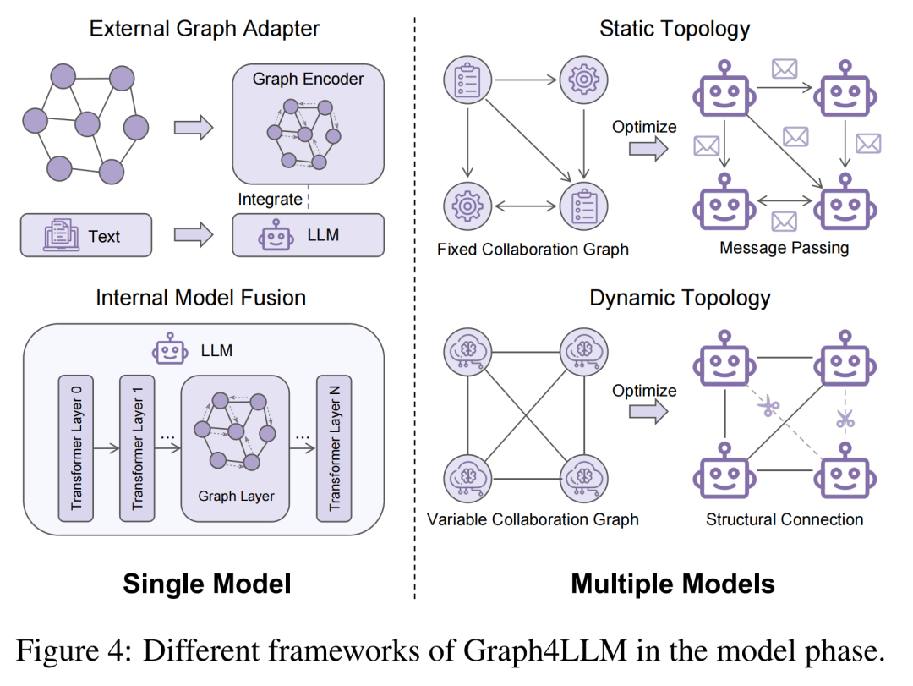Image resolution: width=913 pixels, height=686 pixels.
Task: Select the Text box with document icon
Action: click(x=86, y=236)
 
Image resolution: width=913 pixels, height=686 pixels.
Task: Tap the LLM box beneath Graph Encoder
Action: click(x=308, y=235)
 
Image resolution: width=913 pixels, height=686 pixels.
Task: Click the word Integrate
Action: click(x=270, y=200)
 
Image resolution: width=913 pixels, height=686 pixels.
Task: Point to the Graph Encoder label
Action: click(x=308, y=80)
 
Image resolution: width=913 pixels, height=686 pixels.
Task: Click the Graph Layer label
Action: click(x=236, y=496)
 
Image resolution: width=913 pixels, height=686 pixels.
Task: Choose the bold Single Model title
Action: click(x=207, y=584)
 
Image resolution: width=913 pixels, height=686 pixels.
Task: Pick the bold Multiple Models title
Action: click(x=673, y=584)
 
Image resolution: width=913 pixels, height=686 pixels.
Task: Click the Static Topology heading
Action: click(x=674, y=28)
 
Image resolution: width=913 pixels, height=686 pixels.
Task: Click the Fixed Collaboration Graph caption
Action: click(x=533, y=250)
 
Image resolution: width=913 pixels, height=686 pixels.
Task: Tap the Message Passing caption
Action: click(x=784, y=248)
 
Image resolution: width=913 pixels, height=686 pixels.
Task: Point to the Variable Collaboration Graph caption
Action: click(x=533, y=519)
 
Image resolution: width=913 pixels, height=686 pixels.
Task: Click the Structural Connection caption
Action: click(x=785, y=519)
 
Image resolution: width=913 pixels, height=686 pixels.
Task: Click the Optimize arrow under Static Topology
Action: click(x=648, y=150)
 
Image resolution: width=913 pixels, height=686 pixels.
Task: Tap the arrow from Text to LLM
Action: click(x=193, y=235)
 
